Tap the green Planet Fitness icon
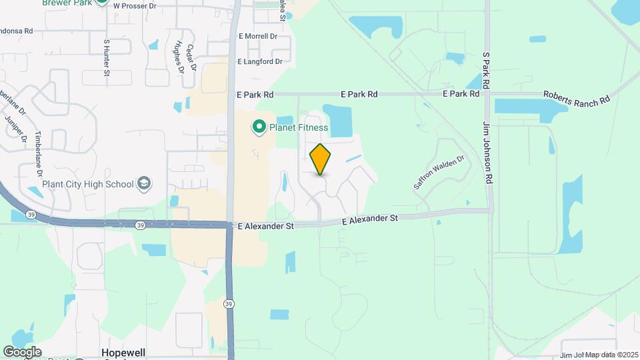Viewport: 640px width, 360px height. tap(258, 126)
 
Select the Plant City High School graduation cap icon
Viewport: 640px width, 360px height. tap(143, 183)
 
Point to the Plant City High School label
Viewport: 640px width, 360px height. tap(88, 183)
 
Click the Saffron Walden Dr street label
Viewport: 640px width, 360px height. tap(438, 173)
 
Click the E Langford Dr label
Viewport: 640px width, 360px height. tap(260, 61)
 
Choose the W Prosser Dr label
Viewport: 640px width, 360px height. tap(135, 5)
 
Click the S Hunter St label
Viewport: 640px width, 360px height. tap(106, 57)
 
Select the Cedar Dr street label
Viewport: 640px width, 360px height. tap(191, 59)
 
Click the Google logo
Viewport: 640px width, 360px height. tap(22, 351)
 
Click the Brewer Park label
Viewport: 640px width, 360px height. tap(67, 3)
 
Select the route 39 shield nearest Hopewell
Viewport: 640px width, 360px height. tap(229, 305)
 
